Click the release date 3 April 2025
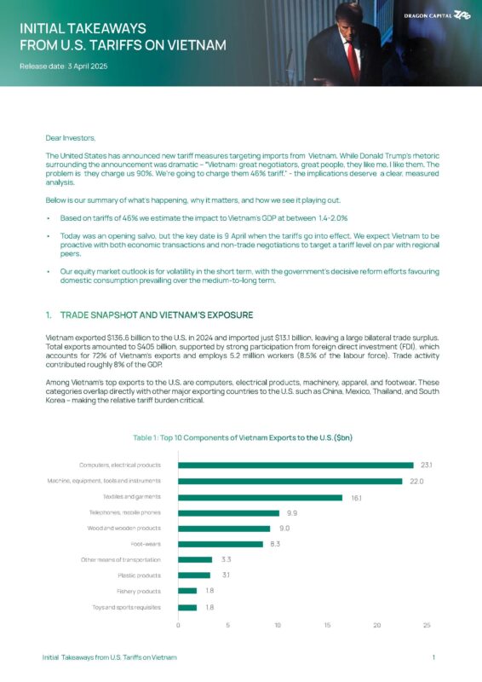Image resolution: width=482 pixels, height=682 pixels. click(64, 66)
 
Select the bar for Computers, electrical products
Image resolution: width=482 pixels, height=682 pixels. click(296, 465)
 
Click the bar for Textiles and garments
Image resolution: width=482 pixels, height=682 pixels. click(260, 497)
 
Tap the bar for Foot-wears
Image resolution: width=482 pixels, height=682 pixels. click(220, 544)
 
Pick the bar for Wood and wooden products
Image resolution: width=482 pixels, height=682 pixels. click(223, 529)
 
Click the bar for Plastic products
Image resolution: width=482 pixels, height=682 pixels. click(193, 575)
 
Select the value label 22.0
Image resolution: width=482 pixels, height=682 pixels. click(415, 482)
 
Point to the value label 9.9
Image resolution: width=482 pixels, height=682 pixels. click(292, 513)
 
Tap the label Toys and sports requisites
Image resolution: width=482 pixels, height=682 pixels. click(126, 607)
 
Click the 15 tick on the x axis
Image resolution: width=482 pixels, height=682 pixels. click(328, 626)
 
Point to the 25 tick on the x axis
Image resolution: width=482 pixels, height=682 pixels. click(427, 626)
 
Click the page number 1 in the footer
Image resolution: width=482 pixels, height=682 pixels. click(434, 658)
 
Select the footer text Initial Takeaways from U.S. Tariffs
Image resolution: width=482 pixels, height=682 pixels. click(110, 658)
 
